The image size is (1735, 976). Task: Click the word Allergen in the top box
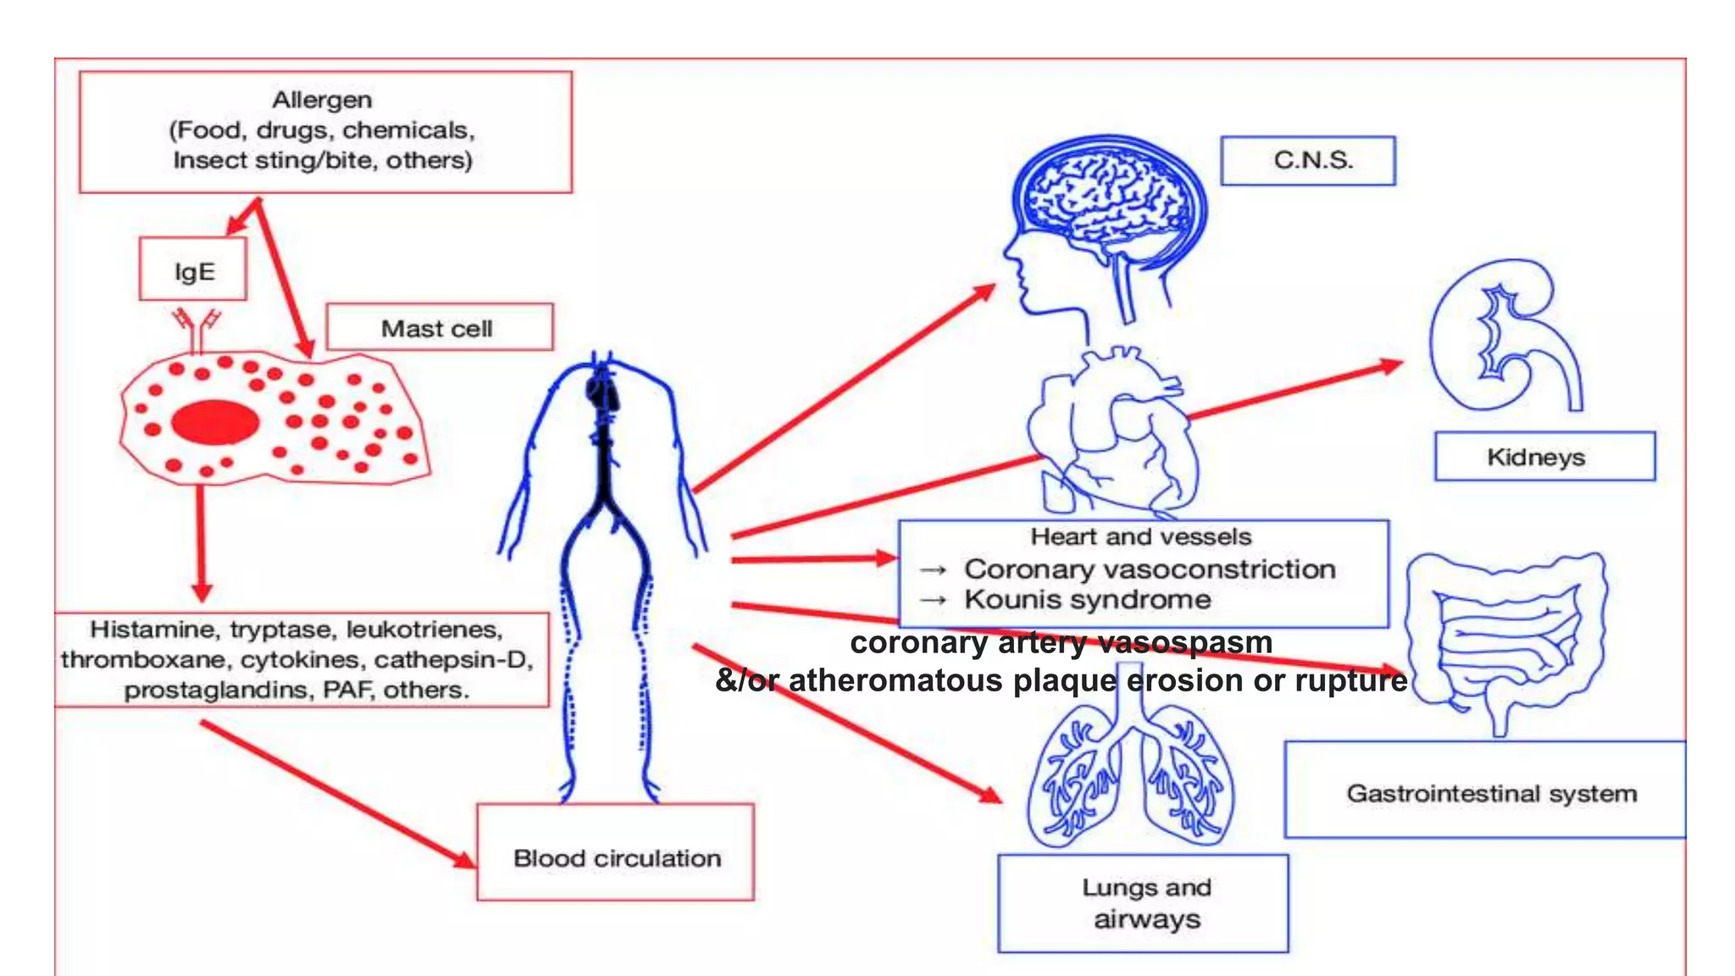tap(322, 100)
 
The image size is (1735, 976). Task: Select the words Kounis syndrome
tap(1088, 600)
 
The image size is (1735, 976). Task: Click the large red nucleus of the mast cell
tap(215, 422)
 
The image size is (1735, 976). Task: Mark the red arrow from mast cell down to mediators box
tap(201, 542)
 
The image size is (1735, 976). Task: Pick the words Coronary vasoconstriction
tap(1150, 569)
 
